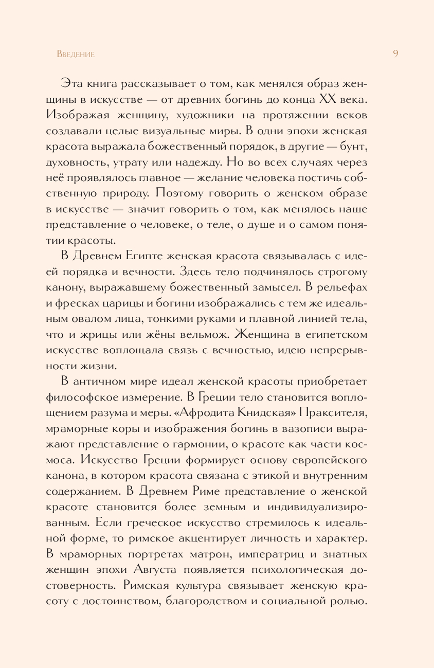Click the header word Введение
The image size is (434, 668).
pyautogui.click(x=76, y=54)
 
